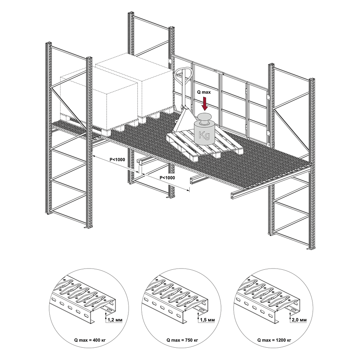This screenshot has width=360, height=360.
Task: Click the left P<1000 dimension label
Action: (116, 159)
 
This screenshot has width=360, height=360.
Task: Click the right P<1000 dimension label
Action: (167, 177)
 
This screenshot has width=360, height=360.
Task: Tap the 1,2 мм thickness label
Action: (114, 320)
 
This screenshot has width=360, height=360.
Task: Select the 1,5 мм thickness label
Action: (206, 320)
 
